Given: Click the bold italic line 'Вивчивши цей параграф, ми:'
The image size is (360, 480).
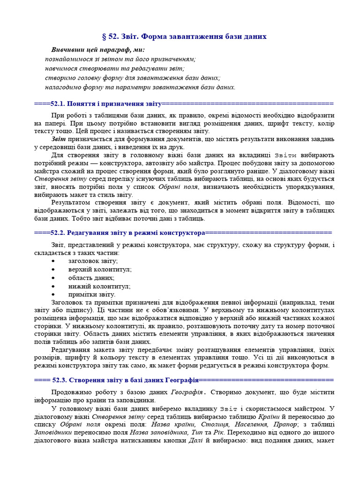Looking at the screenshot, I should [98, 50].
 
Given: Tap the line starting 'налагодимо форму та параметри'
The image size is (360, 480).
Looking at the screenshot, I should [140, 87].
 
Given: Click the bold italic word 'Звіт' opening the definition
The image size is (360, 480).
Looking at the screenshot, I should [59, 139].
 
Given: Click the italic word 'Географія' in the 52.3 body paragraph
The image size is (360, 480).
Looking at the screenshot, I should [186, 392].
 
